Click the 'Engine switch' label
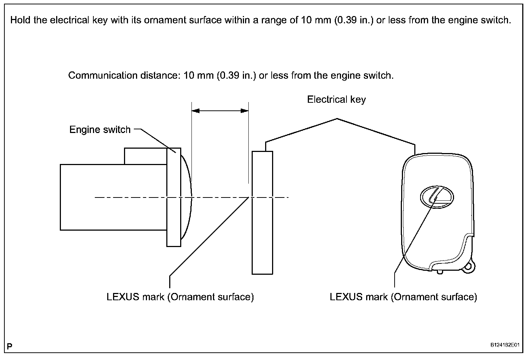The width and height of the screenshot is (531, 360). [100, 129]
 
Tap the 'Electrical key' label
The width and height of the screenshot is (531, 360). [336, 99]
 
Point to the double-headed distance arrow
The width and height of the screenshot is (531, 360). [220, 110]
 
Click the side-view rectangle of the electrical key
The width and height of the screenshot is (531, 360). [262, 212]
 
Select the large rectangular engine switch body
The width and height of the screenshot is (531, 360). [113, 197]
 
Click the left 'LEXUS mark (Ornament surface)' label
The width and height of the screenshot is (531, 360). [180, 297]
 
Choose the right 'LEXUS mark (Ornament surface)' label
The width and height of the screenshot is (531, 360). [403, 297]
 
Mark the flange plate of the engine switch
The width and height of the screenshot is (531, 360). [174, 197]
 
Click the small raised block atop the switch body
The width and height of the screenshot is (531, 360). [145, 156]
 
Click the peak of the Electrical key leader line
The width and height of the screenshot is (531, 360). [337, 118]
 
